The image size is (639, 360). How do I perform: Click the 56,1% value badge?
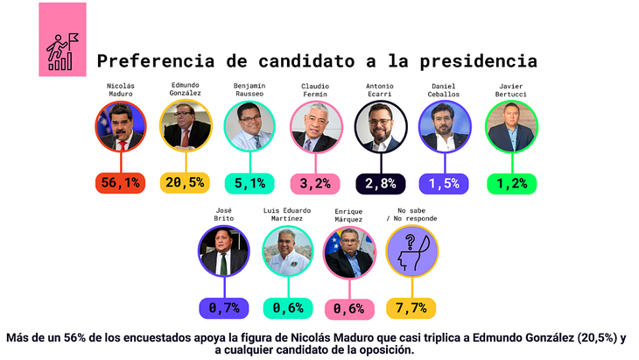tap(120, 183)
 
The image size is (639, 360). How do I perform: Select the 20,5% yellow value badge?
tap(185, 183)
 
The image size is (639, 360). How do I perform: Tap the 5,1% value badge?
tap(249, 183)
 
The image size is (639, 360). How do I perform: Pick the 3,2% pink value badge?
tap(314, 183)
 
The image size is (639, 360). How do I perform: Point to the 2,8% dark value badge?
tap(380, 183)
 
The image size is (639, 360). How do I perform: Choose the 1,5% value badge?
tap(446, 183)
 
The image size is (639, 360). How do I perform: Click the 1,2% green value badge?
tap(510, 183)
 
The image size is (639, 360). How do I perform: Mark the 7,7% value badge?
tap(411, 307)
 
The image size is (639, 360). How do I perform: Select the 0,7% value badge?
tap(224, 307)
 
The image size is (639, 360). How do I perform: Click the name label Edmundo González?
tap(185, 89)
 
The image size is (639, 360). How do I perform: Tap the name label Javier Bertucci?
tap(511, 89)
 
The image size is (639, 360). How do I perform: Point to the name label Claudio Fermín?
tap(315, 89)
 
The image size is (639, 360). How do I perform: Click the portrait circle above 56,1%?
tap(120, 127)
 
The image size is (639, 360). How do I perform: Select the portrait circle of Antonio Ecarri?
tap(381, 127)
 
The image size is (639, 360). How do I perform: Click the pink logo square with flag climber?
tap(62, 39)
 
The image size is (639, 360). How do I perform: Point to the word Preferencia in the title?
tap(149, 61)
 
